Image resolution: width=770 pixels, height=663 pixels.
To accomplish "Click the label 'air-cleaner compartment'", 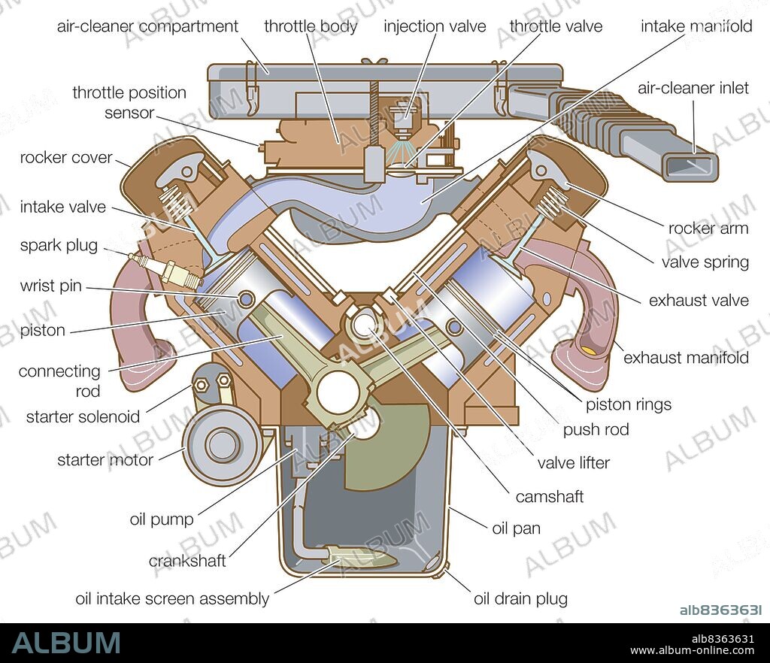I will (147, 26).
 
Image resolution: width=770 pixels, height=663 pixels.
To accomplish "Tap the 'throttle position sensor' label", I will (129, 103).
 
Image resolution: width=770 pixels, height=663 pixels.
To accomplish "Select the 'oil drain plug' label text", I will (520, 599).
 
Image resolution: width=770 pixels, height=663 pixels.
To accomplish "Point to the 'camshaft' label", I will (549, 496).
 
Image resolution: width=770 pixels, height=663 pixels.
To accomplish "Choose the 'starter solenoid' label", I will (83, 416).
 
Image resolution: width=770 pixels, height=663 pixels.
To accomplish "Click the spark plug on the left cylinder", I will (165, 270).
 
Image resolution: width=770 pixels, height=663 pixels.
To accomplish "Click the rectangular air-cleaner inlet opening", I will (691, 163).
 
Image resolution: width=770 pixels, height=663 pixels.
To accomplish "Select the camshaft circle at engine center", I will (364, 325).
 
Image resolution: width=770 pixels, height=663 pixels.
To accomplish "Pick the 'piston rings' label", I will (628, 404).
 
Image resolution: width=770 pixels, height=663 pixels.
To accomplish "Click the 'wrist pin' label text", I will (51, 286).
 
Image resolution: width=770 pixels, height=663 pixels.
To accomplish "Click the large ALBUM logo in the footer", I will (66, 643).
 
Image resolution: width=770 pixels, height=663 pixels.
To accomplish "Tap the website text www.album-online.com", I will (692, 651).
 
